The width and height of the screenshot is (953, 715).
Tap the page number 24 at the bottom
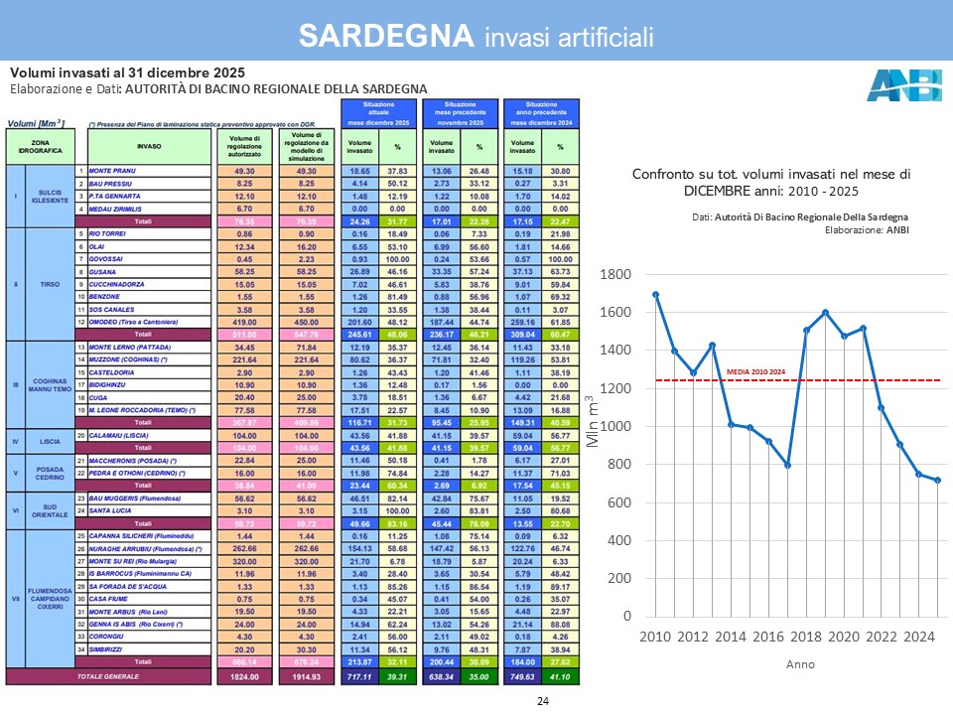[x=542, y=702]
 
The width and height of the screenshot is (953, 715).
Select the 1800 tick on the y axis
[x=617, y=274]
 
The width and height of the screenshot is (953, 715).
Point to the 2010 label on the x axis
[x=655, y=636]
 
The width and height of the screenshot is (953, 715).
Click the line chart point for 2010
[x=656, y=295]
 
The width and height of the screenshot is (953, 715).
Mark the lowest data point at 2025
[x=937, y=480]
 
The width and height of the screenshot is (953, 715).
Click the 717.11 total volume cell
[x=358, y=675]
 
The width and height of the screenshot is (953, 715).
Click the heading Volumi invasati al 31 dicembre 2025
[x=127, y=73]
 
